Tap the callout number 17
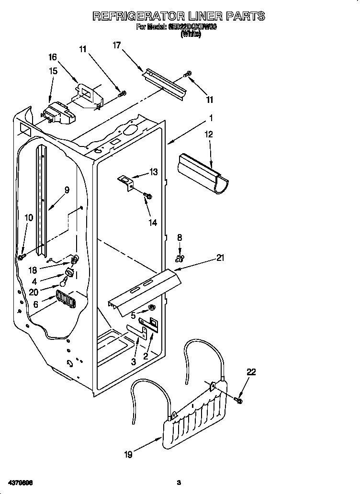click(117, 45)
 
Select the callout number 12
click(209, 135)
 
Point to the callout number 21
click(220, 258)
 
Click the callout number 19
click(128, 454)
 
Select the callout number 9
click(67, 190)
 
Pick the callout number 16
click(53, 57)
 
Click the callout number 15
click(53, 71)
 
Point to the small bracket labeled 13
click(127, 181)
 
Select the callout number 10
click(29, 217)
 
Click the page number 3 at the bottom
click(179, 482)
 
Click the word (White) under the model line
click(191, 34)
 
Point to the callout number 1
click(211, 117)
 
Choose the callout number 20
click(34, 291)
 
